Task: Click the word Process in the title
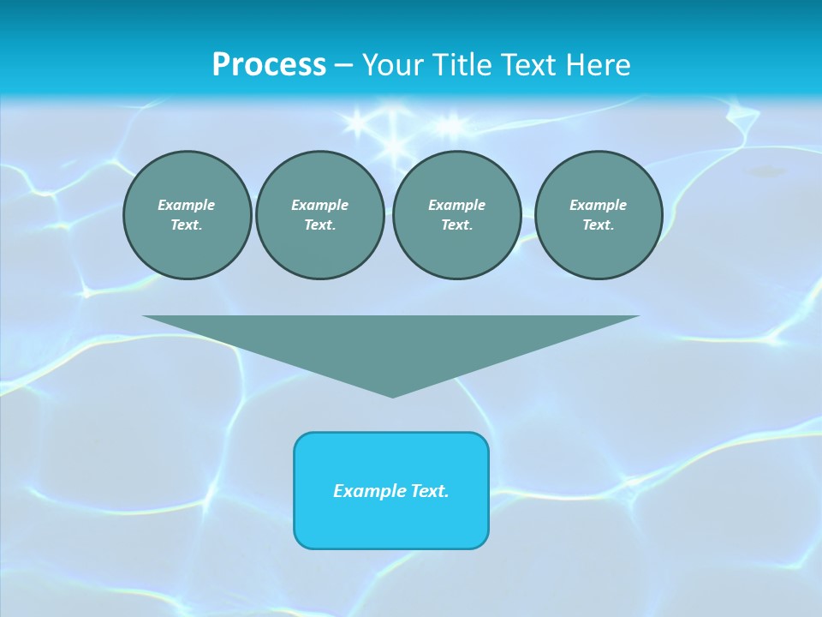[269, 65]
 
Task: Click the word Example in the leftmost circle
[187, 205]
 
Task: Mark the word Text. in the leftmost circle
[187, 225]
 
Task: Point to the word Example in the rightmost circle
[598, 205]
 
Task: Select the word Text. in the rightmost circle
[598, 225]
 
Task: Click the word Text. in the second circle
[319, 225]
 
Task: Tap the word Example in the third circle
[456, 205]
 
